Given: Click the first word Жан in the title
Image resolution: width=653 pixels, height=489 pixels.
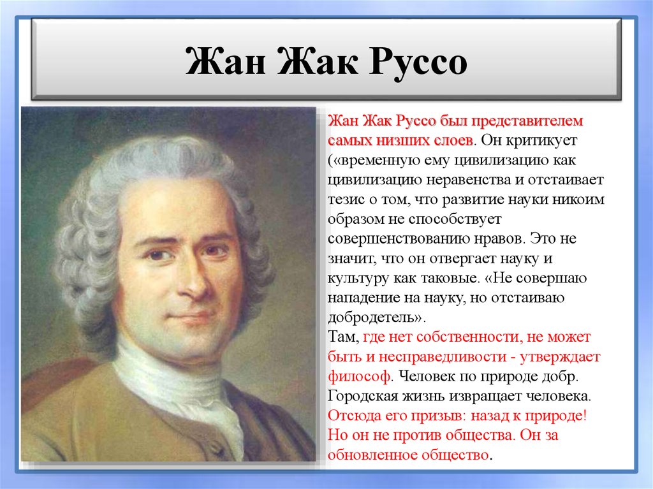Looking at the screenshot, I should [222, 64].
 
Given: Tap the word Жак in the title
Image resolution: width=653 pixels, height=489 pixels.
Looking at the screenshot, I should [310, 64].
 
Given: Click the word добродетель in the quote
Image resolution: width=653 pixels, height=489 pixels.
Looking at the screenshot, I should [374, 317].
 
